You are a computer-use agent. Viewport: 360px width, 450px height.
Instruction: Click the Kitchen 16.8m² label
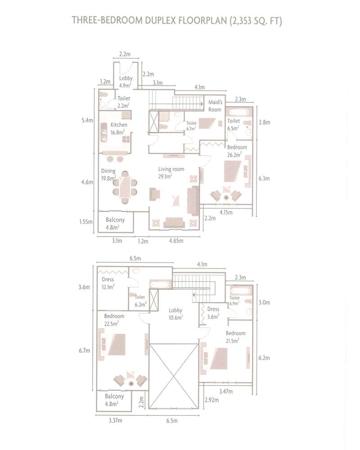(x=119, y=128)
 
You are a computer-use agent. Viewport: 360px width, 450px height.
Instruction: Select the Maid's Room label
(x=215, y=106)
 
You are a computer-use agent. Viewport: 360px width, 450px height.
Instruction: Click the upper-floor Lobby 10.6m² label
(x=175, y=314)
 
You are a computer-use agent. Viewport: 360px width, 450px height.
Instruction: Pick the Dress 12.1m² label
(x=108, y=283)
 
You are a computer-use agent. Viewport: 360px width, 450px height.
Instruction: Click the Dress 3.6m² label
(x=213, y=312)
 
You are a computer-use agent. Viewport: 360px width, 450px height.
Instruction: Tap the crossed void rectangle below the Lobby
(x=173, y=373)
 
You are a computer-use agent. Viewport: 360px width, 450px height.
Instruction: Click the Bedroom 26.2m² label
(x=237, y=150)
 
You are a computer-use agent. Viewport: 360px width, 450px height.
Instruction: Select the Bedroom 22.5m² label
(x=114, y=319)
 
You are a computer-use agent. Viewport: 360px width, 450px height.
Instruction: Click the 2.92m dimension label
(x=211, y=400)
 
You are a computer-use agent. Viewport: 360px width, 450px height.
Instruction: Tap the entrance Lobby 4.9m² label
(x=126, y=81)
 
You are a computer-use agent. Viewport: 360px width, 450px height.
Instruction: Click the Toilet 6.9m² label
(x=234, y=301)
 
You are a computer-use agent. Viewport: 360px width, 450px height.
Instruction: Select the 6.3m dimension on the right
(x=264, y=178)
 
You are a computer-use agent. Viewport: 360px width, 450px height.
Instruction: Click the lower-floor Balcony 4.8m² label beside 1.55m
(x=115, y=224)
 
